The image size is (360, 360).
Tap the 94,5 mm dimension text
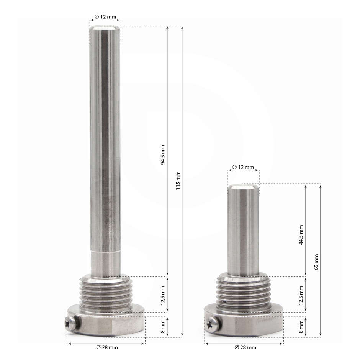162,155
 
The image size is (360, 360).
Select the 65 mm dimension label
316,262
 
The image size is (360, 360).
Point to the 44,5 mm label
301,235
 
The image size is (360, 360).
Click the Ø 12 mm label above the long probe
105,17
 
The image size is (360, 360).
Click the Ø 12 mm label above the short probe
243,167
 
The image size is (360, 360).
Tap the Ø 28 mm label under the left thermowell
107,347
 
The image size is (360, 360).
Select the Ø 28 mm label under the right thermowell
245,347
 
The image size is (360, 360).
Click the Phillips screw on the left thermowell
71,324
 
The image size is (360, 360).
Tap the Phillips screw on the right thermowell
213,325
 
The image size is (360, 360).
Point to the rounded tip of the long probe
105,28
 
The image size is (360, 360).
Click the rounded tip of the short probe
243,187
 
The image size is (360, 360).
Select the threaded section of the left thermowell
106,293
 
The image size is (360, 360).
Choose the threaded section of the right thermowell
243,292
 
